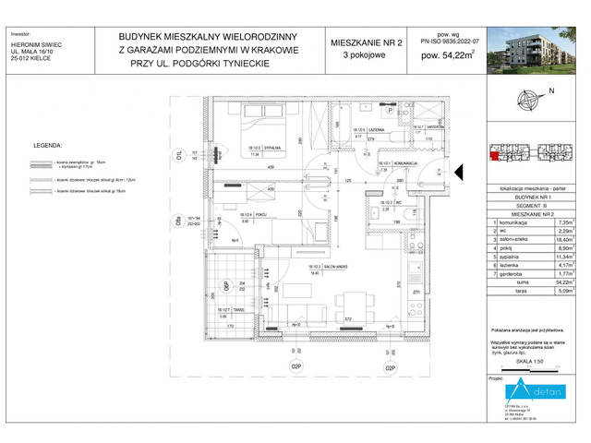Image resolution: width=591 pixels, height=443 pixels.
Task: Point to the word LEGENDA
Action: tap(48, 146)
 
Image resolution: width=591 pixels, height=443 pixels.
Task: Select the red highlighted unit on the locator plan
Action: tap(496, 154)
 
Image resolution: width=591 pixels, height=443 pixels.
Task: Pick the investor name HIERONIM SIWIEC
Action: tap(39, 42)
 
